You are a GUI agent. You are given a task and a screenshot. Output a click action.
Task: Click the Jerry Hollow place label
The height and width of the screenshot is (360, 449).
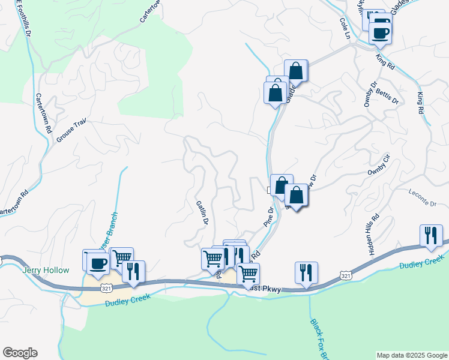coord(45,271)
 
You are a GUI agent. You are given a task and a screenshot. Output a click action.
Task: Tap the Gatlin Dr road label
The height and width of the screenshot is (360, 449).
coord(202,213)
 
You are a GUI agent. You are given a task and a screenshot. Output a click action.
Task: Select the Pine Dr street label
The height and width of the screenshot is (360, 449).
coord(268,217)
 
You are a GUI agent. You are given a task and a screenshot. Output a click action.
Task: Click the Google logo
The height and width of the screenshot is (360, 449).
coord(20,353)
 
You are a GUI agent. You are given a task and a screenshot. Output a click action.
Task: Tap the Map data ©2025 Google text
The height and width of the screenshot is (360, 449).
coord(412,355)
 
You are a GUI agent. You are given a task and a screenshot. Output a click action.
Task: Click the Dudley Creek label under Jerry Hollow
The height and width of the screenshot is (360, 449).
coord(125,302)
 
